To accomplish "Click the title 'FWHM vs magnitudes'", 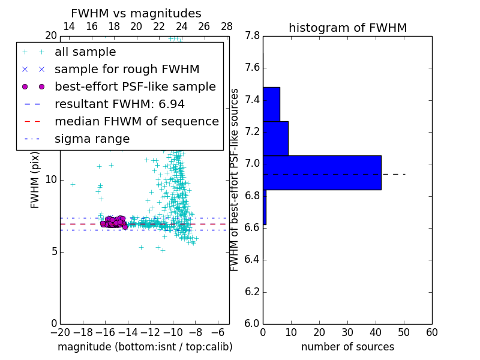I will [136, 13].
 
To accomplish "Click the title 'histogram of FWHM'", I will [347, 28].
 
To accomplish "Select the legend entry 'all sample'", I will [85, 52].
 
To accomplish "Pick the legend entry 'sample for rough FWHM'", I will [127, 69].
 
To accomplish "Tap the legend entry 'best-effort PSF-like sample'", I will [135, 86].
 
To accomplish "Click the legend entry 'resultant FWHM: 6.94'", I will [119, 104].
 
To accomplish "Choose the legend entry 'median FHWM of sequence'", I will [136, 121].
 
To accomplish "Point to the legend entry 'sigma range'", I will [92, 139].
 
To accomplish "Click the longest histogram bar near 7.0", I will [322, 173].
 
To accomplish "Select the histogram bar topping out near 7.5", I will [271, 104].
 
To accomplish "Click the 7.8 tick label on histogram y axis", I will [252, 36].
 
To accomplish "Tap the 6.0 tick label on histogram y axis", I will [252, 323].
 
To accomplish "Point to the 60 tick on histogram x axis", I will [431, 332].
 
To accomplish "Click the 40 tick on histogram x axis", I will [376, 332].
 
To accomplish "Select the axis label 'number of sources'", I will [347, 347].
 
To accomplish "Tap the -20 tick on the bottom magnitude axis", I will [60, 332].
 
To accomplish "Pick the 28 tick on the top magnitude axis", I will [227, 26].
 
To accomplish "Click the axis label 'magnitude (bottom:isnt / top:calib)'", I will [145, 347].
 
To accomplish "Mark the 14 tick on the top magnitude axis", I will [69, 26].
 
